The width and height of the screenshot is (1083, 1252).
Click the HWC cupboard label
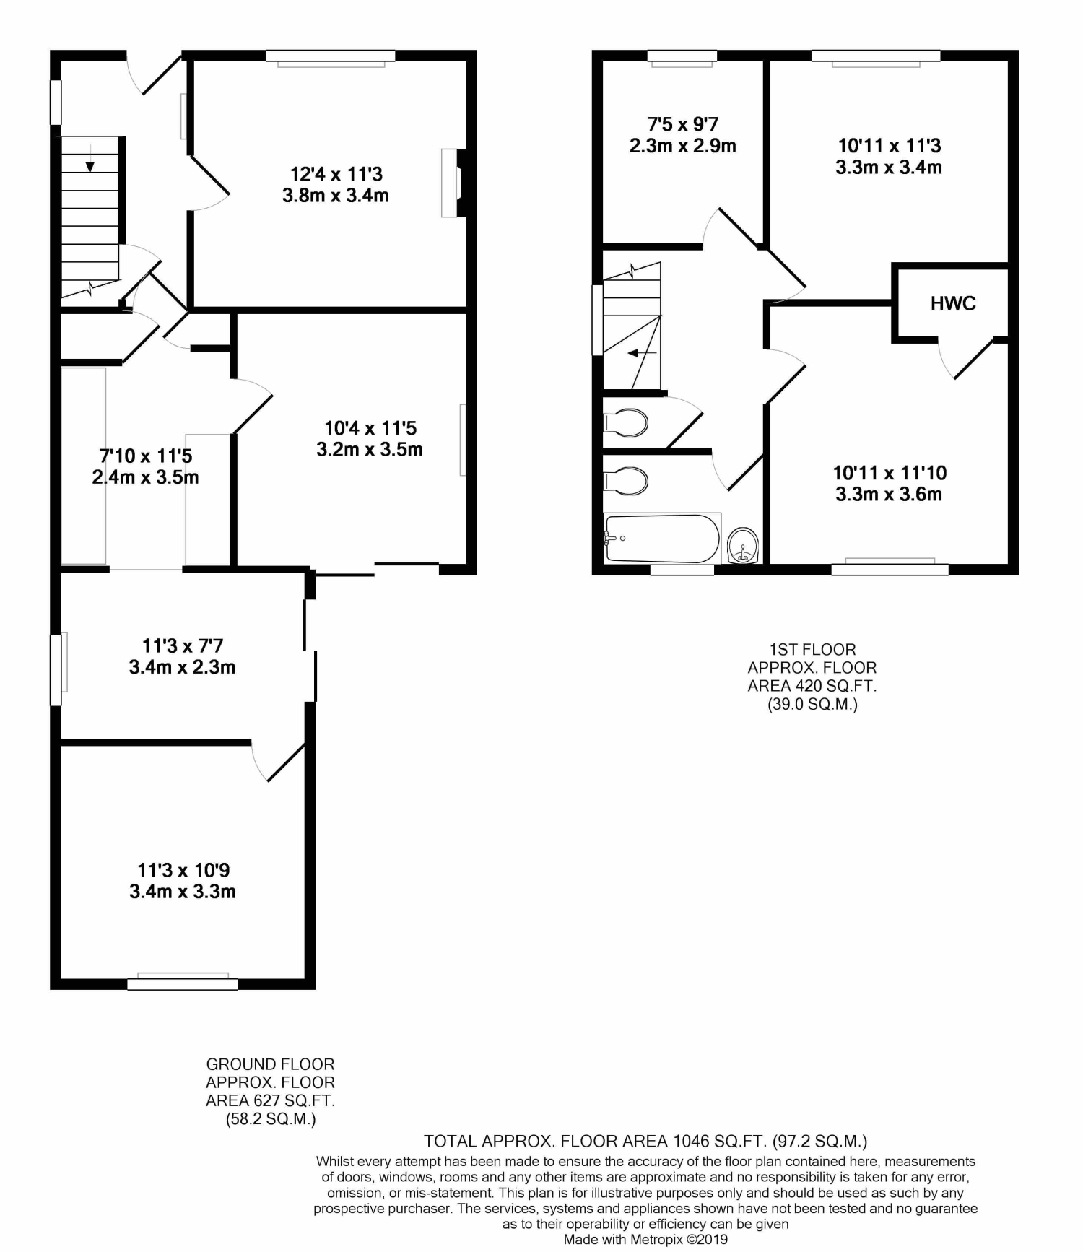tap(953, 303)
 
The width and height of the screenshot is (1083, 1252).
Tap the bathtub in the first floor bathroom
tap(662, 539)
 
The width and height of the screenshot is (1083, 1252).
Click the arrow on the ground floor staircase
tap(90, 158)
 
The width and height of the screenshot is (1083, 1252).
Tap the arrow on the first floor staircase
tap(642, 354)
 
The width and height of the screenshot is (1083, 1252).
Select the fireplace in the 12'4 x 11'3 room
tap(453, 183)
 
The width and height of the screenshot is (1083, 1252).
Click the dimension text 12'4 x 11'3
tap(336, 174)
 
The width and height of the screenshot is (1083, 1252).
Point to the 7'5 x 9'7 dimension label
tap(683, 124)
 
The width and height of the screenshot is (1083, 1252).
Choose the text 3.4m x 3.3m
tap(183, 892)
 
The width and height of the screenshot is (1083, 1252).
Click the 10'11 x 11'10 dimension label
tap(890, 473)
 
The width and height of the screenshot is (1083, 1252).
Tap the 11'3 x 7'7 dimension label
tap(183, 645)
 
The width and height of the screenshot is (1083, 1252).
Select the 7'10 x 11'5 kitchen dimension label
tap(146, 456)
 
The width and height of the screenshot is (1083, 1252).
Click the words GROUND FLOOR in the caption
tap(271, 1064)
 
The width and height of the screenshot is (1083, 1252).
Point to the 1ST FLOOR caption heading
tap(812, 649)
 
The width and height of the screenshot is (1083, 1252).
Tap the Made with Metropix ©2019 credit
tap(645, 1240)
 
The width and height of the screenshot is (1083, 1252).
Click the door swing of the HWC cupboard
tap(963, 359)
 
